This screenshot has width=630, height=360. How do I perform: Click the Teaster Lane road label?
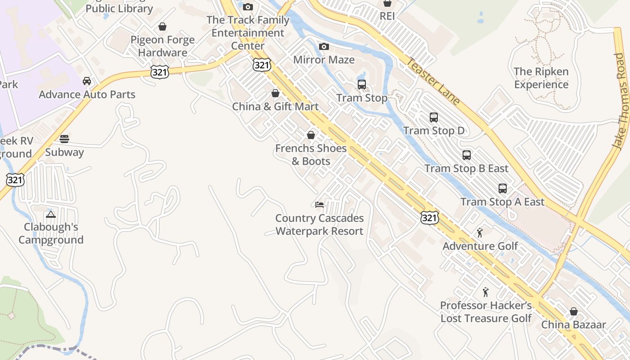coord(433,81)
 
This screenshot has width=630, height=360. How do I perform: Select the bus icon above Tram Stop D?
coord(434,117)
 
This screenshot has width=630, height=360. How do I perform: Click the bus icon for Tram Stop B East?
coord(467,155)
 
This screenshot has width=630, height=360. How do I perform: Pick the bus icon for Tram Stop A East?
coord(503,189)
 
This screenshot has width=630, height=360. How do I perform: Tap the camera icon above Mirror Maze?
coord(324,47)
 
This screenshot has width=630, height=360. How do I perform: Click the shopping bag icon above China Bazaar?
coord(574,311)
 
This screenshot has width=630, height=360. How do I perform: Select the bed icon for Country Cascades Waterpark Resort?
coord(319,205)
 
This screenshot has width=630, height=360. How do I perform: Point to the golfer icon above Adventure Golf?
coord(480,233)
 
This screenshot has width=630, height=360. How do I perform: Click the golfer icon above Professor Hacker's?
coord(486,292)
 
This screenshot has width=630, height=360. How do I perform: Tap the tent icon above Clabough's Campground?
coord(51,214)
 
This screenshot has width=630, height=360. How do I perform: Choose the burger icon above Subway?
coord(64,139)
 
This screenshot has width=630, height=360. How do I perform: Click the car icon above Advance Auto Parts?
coord(87,81)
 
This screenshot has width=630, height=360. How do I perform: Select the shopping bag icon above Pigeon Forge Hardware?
coord(162,27)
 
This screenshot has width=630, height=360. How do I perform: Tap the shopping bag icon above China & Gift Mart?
coord(275,93)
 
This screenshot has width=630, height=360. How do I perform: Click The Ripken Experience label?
coord(541,78)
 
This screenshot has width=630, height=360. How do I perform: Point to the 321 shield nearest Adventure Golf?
coord(429,218)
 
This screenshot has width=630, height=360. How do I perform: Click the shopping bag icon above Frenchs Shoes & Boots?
coord(310,135)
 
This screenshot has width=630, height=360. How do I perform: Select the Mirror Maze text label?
coord(324,60)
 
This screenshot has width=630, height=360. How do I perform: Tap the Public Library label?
coord(119,8)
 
